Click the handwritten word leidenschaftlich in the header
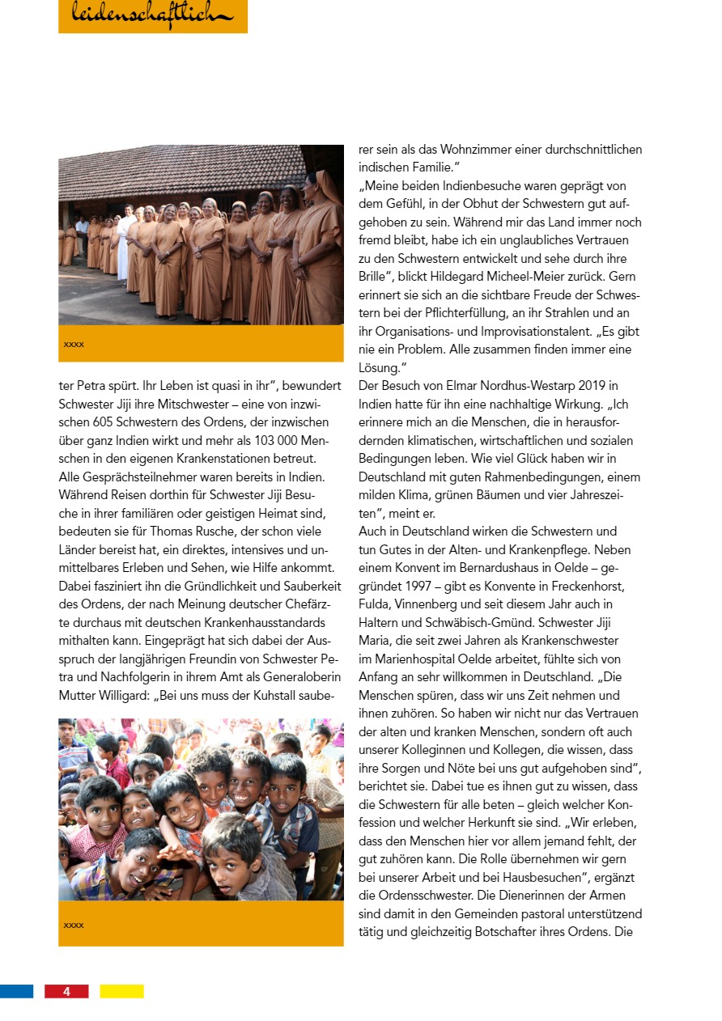click(x=152, y=14)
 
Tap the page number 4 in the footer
click(x=66, y=991)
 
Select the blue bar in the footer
click(x=16, y=991)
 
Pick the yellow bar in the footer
click(x=121, y=991)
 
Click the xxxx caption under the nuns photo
click(x=74, y=345)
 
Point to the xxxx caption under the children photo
click(x=74, y=925)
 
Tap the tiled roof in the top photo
click(x=178, y=172)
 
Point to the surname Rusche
click(x=230, y=531)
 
